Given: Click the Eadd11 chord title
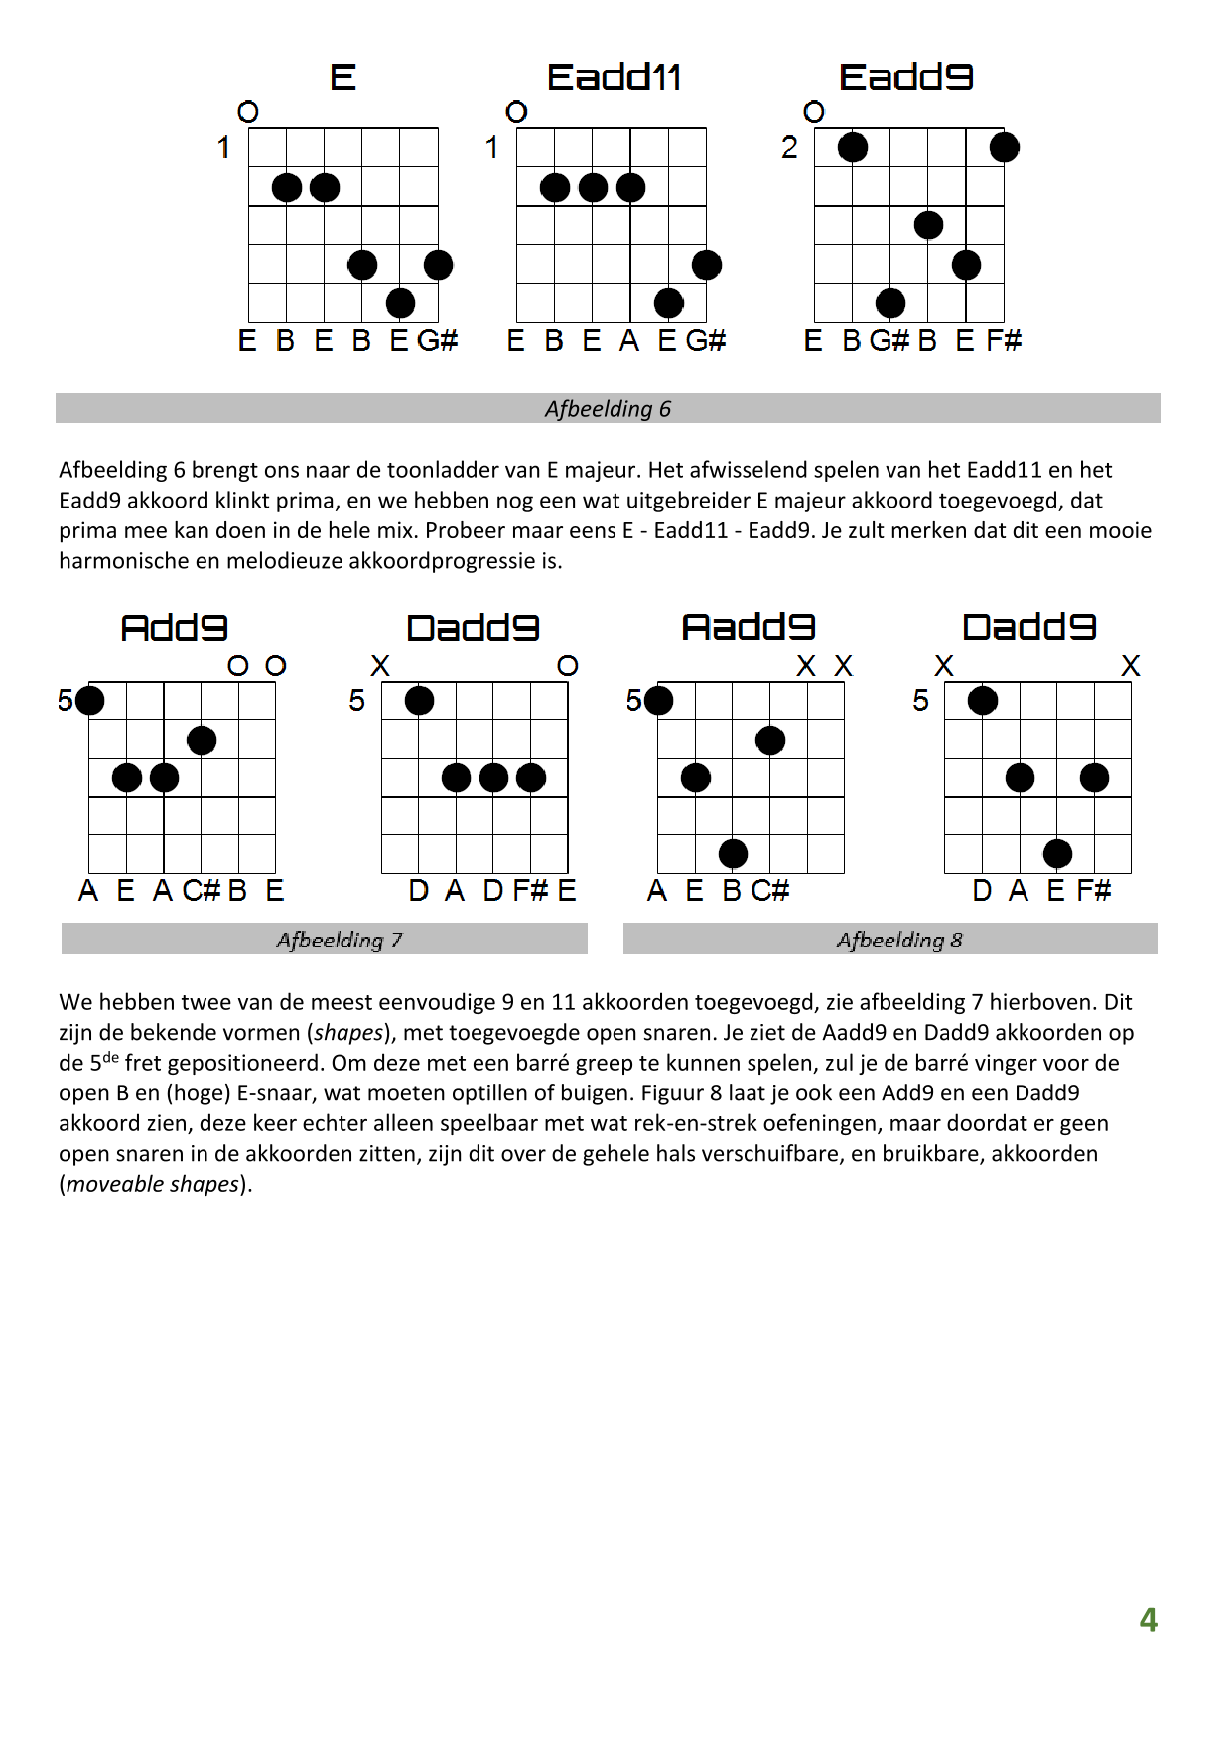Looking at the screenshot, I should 614,77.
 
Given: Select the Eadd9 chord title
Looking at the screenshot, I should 905,77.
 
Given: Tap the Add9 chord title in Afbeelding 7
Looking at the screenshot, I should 174,628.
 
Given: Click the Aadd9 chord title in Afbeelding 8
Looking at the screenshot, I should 749,627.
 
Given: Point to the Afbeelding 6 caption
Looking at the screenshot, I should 608,409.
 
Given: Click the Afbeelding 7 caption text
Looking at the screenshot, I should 340,941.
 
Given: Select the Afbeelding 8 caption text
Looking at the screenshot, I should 899,941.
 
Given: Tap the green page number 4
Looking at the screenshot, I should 1148,1620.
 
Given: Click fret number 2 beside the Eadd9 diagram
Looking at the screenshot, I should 789,148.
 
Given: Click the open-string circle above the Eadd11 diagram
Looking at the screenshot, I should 516,112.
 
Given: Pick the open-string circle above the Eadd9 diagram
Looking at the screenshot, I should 814,112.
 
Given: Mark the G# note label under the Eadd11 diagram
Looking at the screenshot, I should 706,341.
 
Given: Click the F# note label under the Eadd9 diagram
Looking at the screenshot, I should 1004,341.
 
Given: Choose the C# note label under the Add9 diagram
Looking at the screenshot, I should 201,890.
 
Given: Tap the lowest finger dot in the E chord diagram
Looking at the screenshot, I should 400,303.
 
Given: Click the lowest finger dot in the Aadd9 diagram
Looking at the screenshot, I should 733,853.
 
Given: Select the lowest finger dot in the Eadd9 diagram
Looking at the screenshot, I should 890,303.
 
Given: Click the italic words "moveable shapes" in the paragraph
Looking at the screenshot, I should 154,1184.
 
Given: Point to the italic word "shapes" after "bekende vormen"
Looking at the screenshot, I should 348,1033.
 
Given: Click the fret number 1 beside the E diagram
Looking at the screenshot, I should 223,148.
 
